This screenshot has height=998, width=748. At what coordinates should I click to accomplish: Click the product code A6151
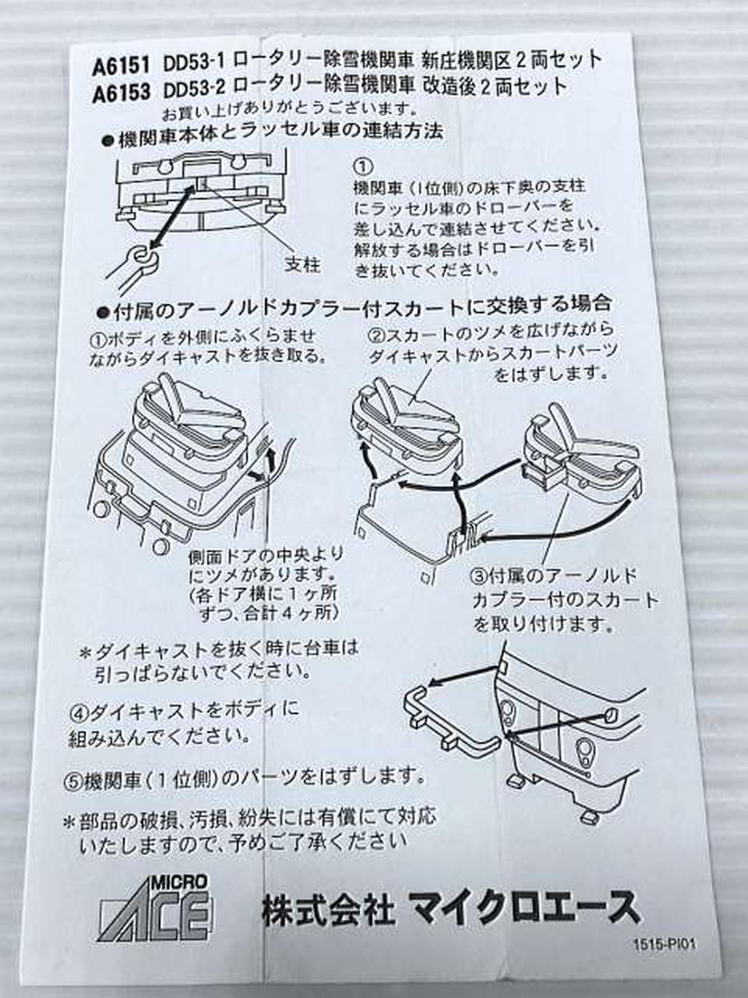tap(122, 67)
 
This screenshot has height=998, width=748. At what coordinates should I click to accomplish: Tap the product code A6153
tap(122, 93)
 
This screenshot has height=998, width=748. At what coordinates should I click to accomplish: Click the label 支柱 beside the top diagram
tap(302, 264)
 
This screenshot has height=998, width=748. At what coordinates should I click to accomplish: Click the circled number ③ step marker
tap(480, 578)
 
